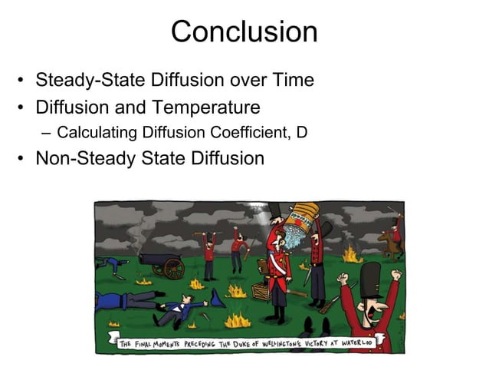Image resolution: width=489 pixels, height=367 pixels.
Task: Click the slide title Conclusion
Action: tap(244, 31)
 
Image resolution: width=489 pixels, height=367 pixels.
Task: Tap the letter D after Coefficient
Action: tap(302, 132)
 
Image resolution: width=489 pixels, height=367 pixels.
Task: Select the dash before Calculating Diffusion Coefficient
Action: tap(47, 132)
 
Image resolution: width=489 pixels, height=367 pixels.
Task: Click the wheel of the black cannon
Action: tap(173, 268)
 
